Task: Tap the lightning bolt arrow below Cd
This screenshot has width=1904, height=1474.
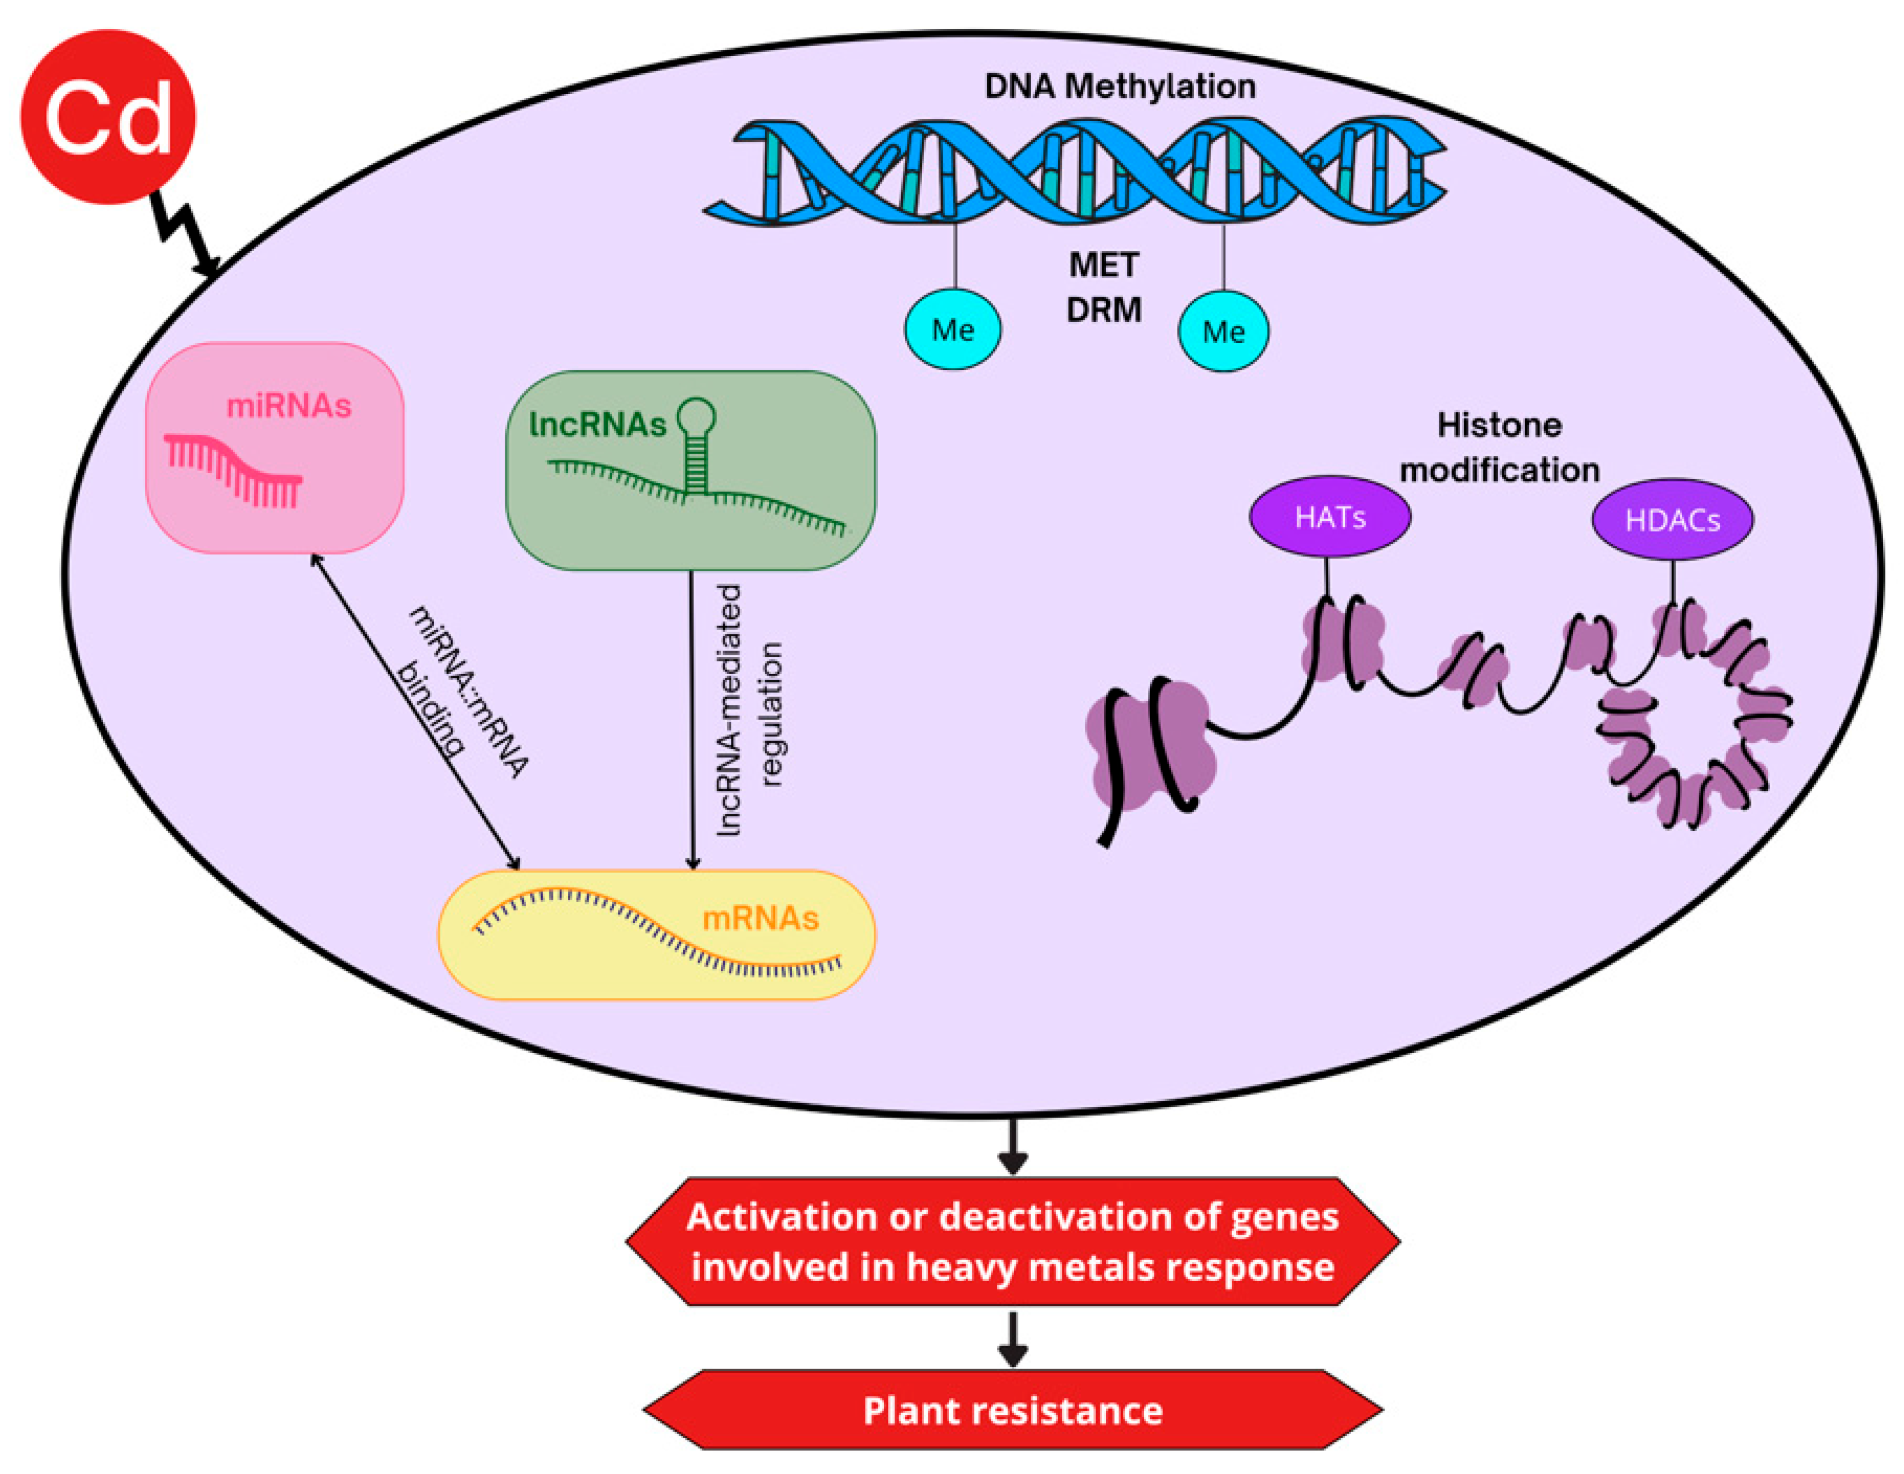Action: [185, 235]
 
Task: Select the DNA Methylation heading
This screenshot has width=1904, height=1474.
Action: [1120, 86]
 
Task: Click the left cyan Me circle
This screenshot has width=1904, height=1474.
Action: [953, 330]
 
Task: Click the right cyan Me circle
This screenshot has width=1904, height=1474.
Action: [1223, 331]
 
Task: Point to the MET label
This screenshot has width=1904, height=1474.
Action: [1104, 265]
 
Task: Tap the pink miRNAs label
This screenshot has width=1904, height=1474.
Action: [289, 406]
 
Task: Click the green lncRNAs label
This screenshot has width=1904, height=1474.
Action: [598, 425]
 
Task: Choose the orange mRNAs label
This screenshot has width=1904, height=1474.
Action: [760, 918]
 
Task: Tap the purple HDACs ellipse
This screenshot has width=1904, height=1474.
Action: [1672, 520]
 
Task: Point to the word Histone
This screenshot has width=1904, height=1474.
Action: [1500, 425]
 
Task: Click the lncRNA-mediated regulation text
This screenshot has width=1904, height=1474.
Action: [750, 710]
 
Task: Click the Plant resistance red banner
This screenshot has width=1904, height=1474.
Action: [1012, 1410]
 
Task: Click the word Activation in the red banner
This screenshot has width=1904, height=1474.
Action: [782, 1217]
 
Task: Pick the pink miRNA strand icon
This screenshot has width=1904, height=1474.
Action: [234, 469]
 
